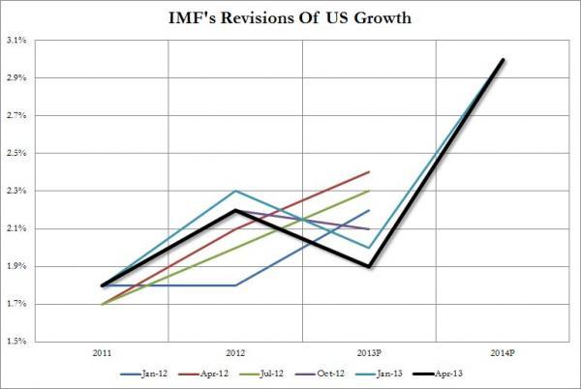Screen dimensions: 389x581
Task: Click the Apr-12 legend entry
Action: [x=202, y=372]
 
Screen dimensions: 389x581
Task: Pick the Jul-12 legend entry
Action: [x=264, y=372]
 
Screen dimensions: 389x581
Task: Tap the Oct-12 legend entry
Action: [x=326, y=372]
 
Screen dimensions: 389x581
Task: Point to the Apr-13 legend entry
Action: [x=450, y=372]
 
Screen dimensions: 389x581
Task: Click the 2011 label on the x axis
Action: [x=102, y=351]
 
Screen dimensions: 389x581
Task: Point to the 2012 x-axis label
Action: [x=235, y=351]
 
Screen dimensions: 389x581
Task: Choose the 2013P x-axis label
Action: [x=369, y=351]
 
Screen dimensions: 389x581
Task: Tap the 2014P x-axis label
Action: [x=504, y=351]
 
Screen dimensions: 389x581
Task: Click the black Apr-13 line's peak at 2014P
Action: [x=504, y=59]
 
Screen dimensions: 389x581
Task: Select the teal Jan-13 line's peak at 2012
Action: [x=235, y=191]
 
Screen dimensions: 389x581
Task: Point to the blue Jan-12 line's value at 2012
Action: [x=235, y=285]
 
